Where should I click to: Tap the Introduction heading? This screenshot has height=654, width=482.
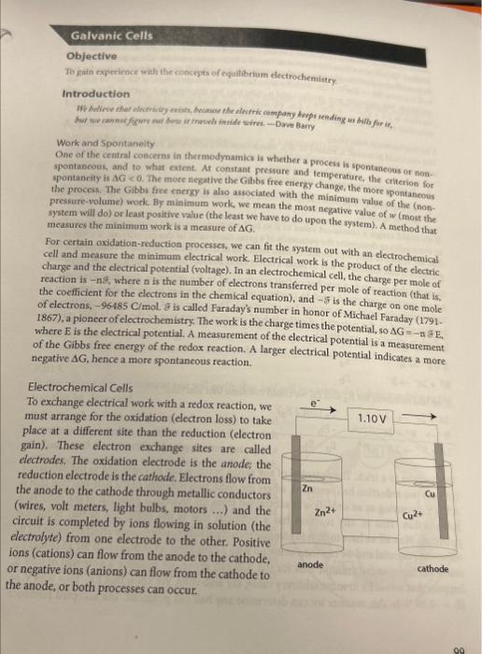(x=96, y=93)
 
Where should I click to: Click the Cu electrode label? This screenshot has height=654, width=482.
(x=431, y=494)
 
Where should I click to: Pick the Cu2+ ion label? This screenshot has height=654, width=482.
(x=413, y=515)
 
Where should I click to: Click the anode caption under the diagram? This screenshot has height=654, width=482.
(x=311, y=564)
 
